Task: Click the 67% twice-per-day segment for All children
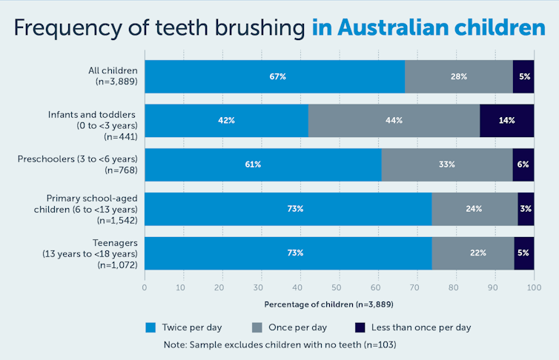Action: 275,76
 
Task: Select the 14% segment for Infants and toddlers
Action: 507,121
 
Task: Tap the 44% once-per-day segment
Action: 394,121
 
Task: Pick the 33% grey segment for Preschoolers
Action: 447,164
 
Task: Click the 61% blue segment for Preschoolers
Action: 263,164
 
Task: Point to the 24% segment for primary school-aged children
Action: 474,209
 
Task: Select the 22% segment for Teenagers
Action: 474,253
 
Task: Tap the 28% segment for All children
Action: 459,76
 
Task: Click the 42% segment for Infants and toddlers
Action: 226,121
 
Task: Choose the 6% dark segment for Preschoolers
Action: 523,164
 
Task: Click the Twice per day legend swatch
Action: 150,327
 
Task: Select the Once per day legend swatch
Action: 257,327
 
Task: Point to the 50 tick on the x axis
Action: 339,286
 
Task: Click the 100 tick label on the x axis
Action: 533,286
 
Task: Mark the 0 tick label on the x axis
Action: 145,286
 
